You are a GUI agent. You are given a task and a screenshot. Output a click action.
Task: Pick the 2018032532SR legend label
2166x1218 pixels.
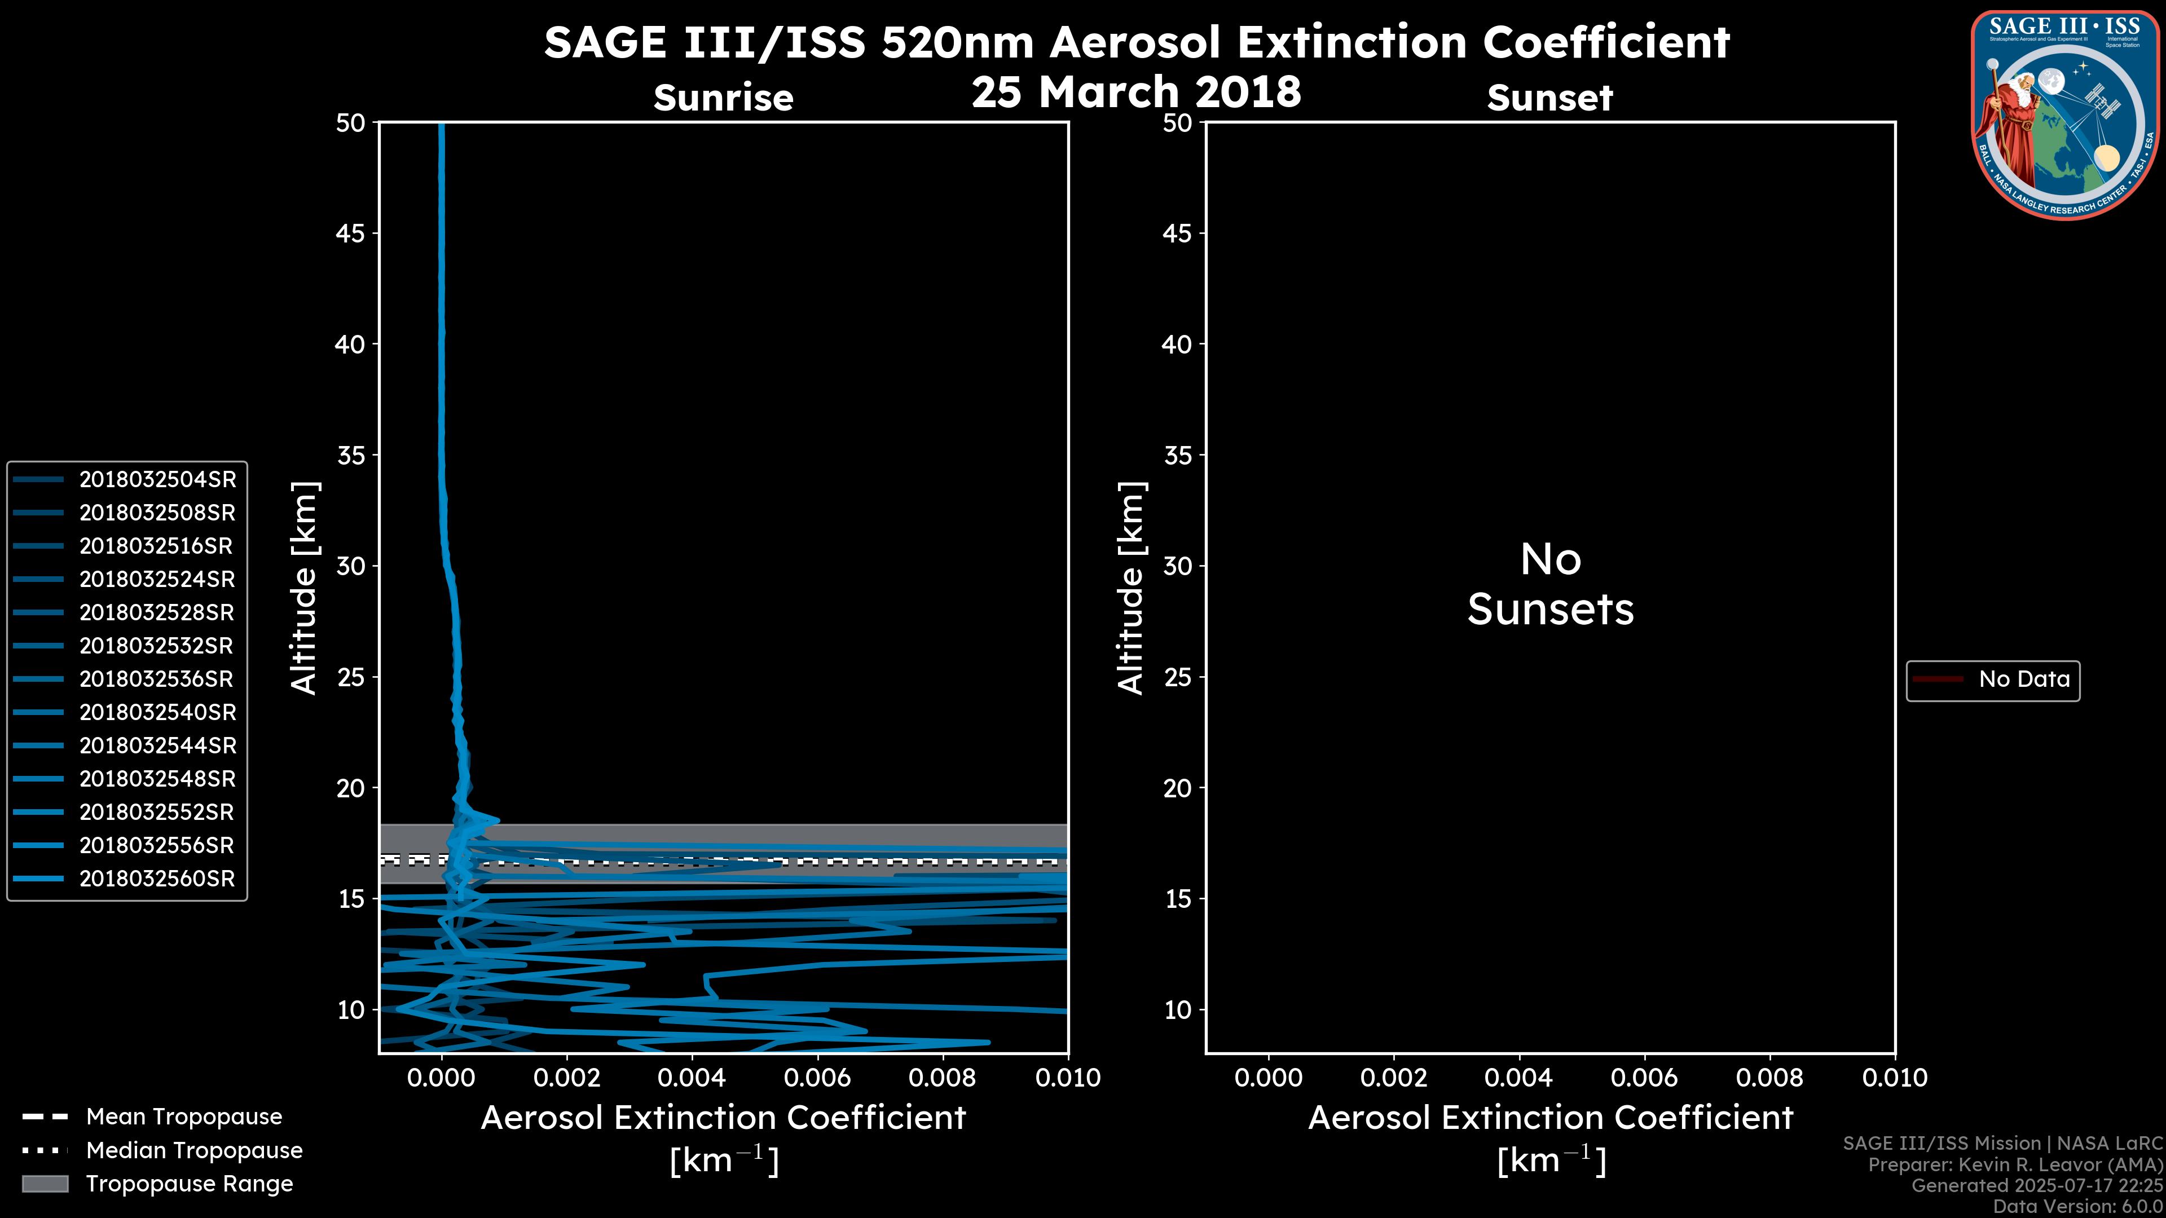156,646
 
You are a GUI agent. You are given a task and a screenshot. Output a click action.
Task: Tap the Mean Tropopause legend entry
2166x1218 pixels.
183,1116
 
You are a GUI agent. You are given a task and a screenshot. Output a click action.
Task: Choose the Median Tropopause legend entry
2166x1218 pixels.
193,1150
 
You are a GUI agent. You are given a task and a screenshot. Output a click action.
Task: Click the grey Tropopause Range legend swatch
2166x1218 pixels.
45,1184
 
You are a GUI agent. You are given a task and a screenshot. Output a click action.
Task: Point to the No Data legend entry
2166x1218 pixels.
2023,679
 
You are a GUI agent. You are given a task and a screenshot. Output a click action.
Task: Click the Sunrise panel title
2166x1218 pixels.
723,98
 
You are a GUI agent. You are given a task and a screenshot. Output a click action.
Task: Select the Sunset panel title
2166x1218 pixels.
1549,98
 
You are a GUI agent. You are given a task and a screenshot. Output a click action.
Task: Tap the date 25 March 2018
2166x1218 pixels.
1136,91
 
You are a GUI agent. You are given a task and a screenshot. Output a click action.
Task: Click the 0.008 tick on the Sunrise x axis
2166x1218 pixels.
943,1078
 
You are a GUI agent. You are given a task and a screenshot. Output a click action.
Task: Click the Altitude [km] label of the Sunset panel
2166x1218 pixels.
1131,588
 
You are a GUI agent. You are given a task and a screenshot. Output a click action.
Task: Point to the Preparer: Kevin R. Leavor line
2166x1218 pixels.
2015,1165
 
